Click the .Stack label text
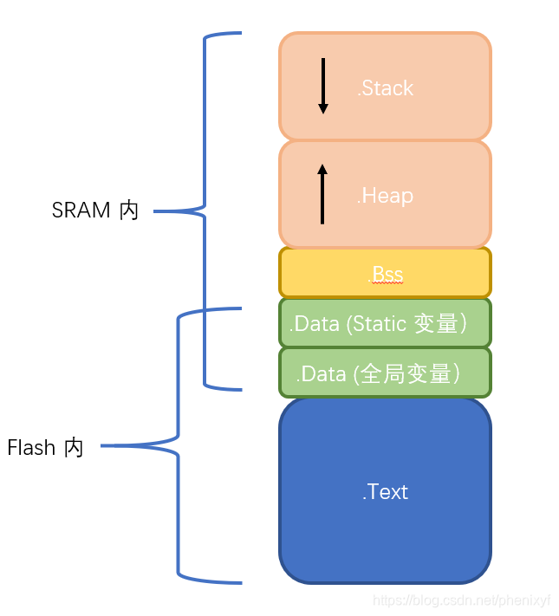[385, 88]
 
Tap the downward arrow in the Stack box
[323, 86]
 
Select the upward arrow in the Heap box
[322, 194]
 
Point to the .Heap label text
[385, 196]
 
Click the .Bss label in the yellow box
[387, 275]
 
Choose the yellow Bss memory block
[451, 273]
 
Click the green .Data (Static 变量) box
[385, 323]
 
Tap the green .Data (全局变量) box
[385, 373]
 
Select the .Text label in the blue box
[385, 492]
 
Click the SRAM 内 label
[95, 211]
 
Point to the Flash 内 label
[45, 448]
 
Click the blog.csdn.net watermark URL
[461, 600]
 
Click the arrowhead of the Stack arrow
[323, 109]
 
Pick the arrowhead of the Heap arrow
[322, 169]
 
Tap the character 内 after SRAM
[129, 211]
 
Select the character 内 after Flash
[74, 448]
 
